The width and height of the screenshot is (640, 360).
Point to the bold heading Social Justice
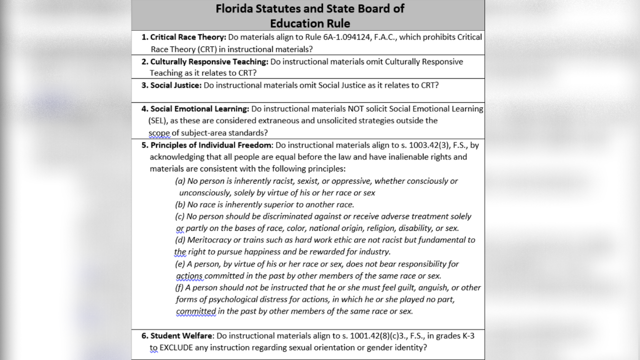(176, 85)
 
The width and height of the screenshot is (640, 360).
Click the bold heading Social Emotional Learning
(199, 108)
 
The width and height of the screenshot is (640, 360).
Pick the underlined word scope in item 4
(159, 132)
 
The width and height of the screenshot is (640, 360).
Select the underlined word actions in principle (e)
(189, 275)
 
